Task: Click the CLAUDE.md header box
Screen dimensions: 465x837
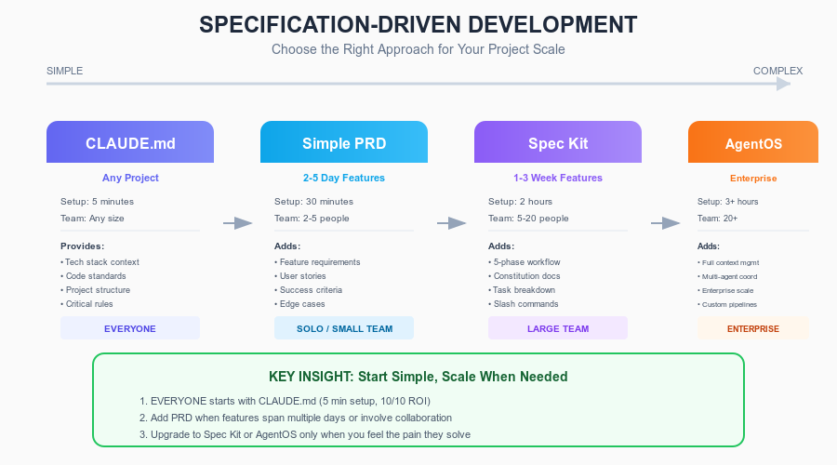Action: point(130,143)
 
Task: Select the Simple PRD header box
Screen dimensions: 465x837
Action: point(344,143)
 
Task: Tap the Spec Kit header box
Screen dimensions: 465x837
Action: point(558,143)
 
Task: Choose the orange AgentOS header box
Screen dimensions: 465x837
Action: point(753,143)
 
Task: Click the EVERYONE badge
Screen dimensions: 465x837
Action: point(130,328)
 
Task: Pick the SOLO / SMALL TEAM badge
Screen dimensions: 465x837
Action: point(344,328)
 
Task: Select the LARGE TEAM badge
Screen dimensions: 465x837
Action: point(558,328)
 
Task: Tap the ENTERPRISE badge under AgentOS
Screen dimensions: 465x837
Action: point(753,328)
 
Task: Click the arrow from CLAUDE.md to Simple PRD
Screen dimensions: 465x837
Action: point(238,223)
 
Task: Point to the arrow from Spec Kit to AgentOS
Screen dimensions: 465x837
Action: point(666,223)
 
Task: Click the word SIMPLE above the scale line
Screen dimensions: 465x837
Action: point(64,71)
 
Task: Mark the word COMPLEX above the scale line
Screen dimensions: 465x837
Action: point(777,71)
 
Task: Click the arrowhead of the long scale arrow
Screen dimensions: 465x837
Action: point(783,84)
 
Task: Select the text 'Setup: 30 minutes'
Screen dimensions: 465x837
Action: point(313,201)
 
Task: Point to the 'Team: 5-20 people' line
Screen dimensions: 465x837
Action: point(528,219)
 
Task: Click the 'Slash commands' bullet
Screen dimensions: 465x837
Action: point(525,303)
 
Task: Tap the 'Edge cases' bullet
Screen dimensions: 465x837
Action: point(303,303)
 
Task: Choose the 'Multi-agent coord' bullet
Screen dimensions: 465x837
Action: point(729,276)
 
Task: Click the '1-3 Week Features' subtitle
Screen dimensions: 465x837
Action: point(558,178)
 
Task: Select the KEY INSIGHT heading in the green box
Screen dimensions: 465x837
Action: point(418,377)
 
